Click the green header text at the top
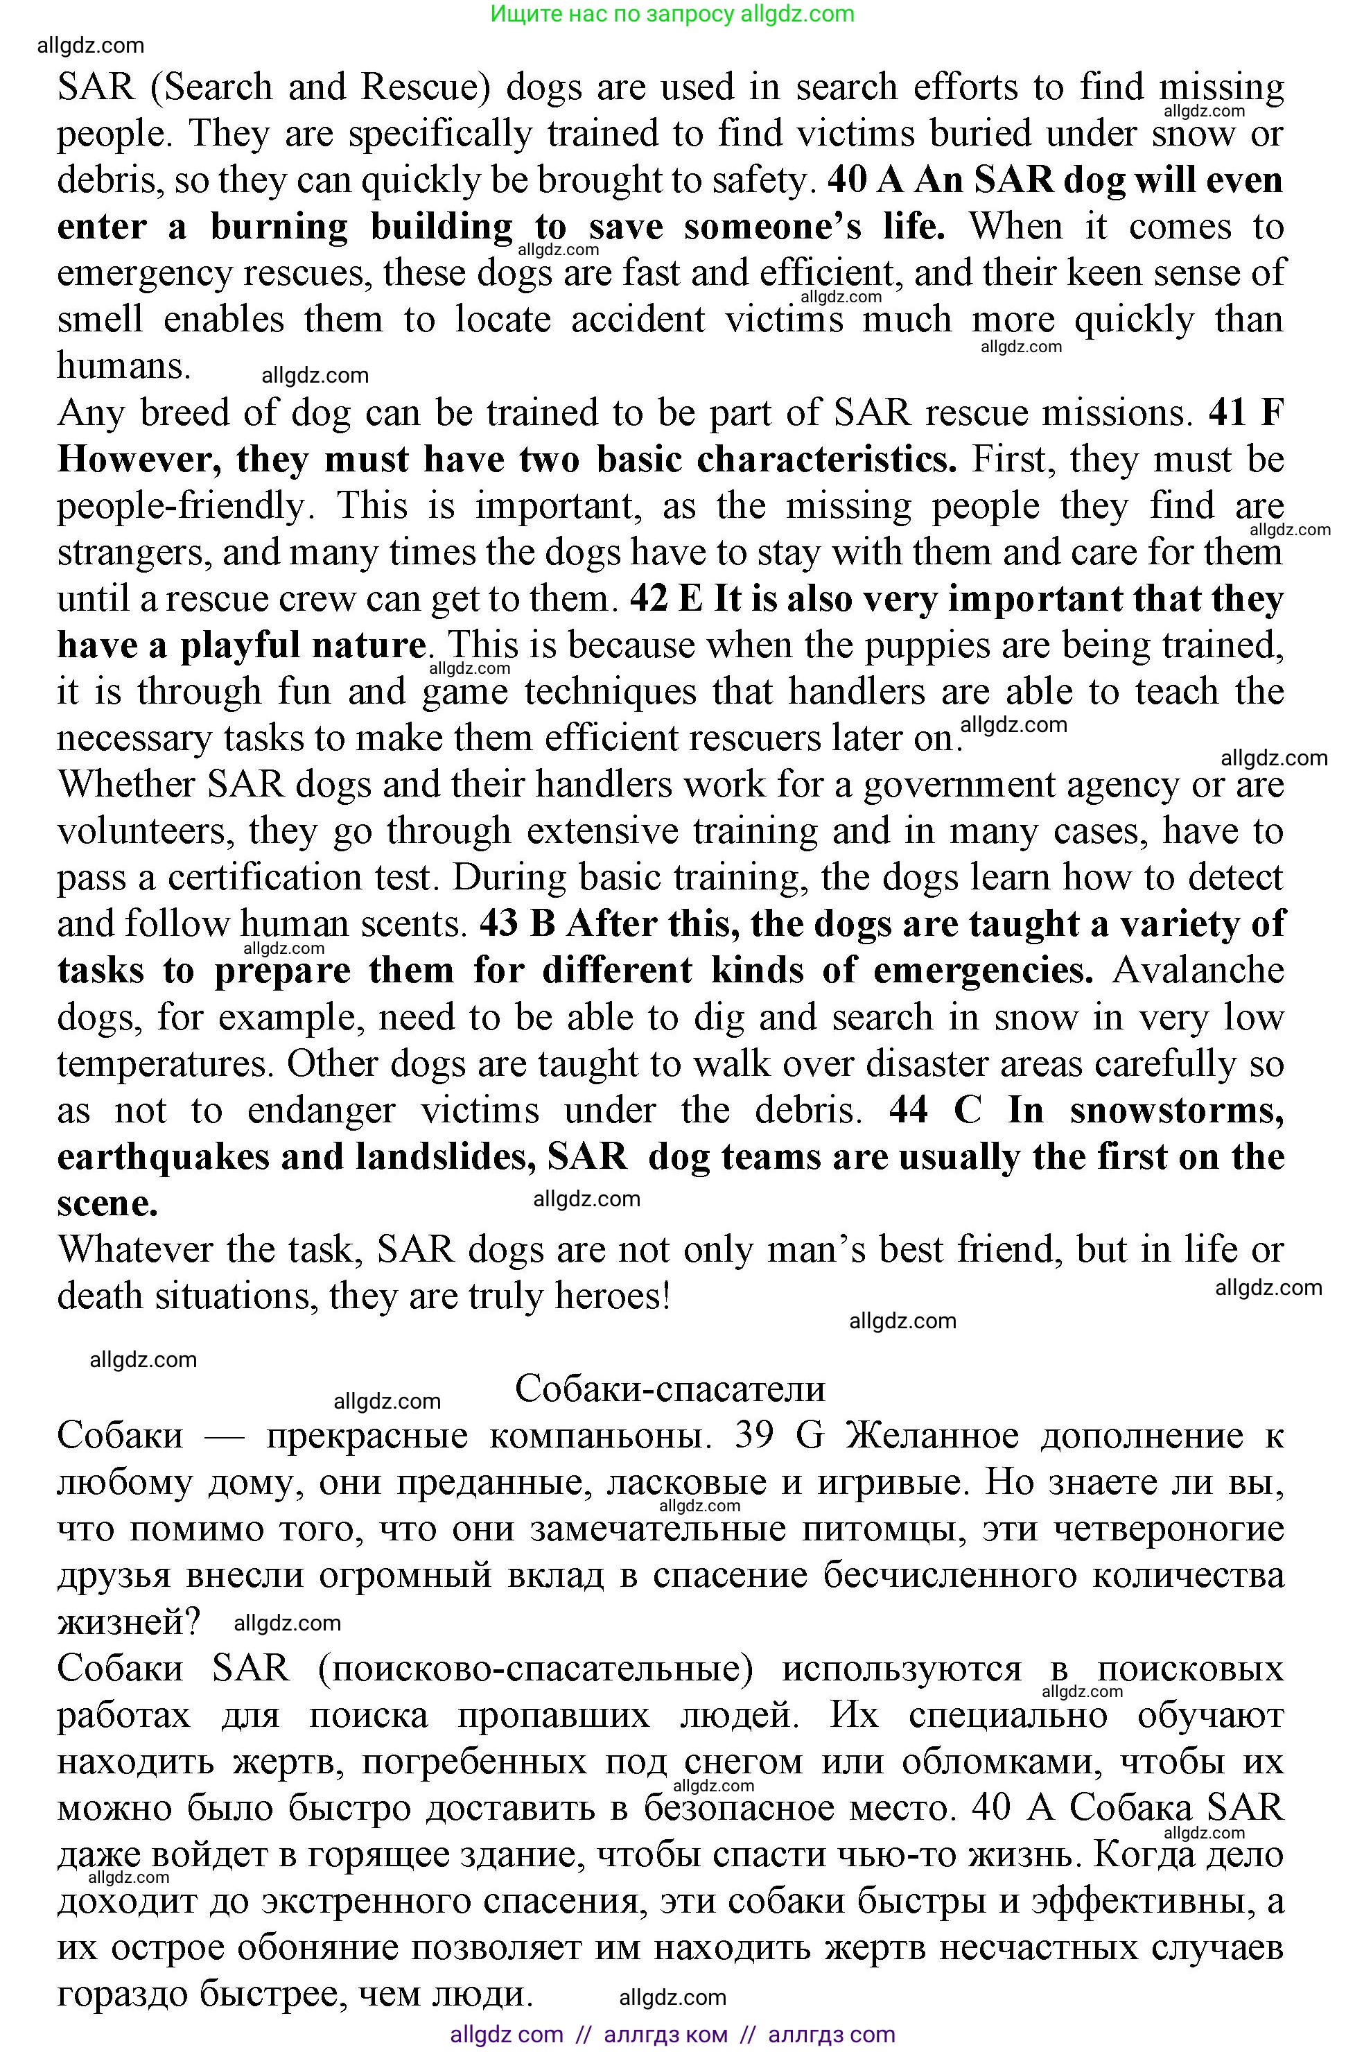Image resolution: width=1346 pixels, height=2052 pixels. tap(672, 14)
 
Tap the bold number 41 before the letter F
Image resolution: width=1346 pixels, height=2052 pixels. tap(1227, 413)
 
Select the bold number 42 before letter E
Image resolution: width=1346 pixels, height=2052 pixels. tap(649, 599)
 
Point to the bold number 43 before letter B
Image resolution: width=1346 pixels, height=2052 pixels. tap(498, 924)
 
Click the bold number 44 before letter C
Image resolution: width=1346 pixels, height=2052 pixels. tap(908, 1111)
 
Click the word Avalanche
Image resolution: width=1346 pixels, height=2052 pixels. tap(1198, 971)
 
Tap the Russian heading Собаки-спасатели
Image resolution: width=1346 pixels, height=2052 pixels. tap(670, 1388)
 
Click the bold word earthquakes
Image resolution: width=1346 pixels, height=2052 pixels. tap(163, 1157)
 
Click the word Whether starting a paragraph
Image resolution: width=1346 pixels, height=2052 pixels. tap(127, 785)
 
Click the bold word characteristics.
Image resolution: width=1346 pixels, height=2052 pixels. tap(826, 460)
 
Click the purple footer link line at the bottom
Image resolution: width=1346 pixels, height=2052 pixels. tap(672, 2035)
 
